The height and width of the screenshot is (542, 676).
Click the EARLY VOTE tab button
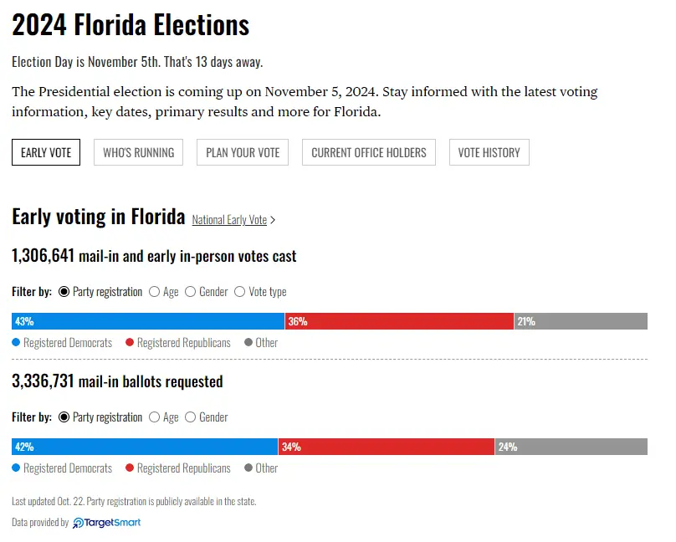(46, 152)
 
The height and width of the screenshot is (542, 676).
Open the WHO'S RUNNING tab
(138, 152)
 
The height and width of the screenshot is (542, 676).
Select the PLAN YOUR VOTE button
(243, 152)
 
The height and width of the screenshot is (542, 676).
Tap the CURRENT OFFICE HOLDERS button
(368, 152)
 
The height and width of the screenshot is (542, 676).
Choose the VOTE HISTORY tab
(489, 152)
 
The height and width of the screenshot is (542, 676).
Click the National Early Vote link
(229, 220)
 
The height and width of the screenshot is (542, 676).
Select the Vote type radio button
(240, 292)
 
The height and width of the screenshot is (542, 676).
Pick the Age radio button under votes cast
(155, 292)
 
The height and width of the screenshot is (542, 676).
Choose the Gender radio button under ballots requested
(191, 417)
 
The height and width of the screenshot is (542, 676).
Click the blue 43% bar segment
(148, 321)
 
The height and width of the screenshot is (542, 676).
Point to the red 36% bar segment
(399, 321)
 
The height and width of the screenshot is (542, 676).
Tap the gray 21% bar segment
(581, 321)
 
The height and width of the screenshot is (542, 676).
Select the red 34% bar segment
(387, 447)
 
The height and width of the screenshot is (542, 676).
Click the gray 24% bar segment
(571, 447)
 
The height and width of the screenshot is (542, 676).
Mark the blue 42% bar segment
(145, 447)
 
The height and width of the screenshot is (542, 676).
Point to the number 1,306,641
(44, 256)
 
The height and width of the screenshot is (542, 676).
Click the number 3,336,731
(44, 381)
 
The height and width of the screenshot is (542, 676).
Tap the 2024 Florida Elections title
(131, 25)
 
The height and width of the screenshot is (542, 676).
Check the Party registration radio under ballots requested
(64, 417)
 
